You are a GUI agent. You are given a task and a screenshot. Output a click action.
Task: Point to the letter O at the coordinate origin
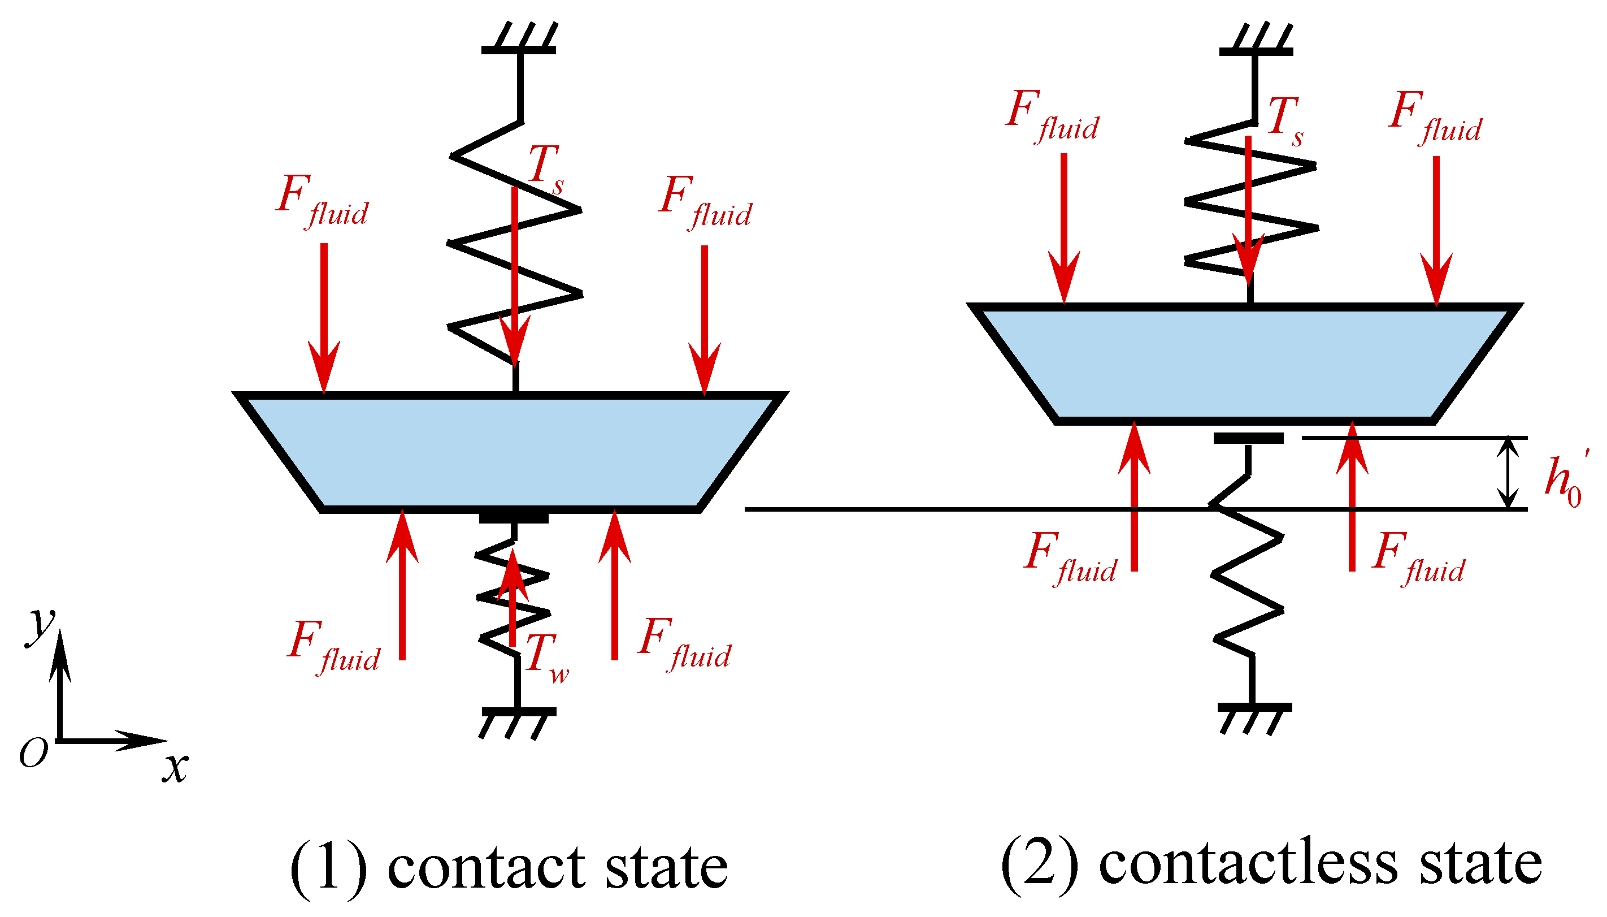click(x=33, y=752)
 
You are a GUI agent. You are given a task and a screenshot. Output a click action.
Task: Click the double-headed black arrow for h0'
click(x=1507, y=473)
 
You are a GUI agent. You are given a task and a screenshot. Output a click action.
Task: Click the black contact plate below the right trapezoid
click(x=1248, y=438)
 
